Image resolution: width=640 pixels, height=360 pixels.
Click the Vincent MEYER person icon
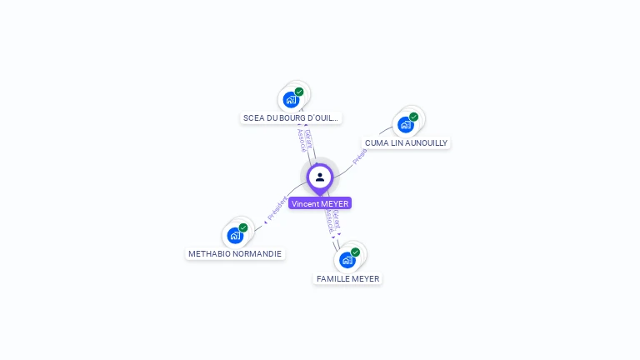320,177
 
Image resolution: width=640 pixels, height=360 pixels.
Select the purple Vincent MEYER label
320,203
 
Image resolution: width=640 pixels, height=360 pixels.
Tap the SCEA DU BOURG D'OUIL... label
291,118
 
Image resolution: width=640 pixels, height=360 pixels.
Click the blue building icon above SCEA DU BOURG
291,100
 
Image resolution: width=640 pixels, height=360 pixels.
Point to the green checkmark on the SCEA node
299,92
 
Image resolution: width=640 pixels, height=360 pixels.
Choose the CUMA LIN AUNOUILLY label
406,143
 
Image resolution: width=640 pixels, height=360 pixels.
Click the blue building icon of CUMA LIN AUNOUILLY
406,125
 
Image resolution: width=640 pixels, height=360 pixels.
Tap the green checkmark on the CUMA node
414,117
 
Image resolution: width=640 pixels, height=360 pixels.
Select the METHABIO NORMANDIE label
235,253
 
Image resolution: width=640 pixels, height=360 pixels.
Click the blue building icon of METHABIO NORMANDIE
235,235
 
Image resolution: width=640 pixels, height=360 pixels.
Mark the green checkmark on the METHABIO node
243,227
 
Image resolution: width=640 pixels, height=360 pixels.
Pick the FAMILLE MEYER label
347,278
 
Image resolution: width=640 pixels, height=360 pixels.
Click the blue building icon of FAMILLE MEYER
347,260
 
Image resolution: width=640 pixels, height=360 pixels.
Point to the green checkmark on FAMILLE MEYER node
356,252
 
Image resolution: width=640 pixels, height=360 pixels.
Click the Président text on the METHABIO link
276,208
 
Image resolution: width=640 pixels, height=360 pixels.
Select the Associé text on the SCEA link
302,140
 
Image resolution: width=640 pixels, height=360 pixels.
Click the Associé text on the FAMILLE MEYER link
330,221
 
